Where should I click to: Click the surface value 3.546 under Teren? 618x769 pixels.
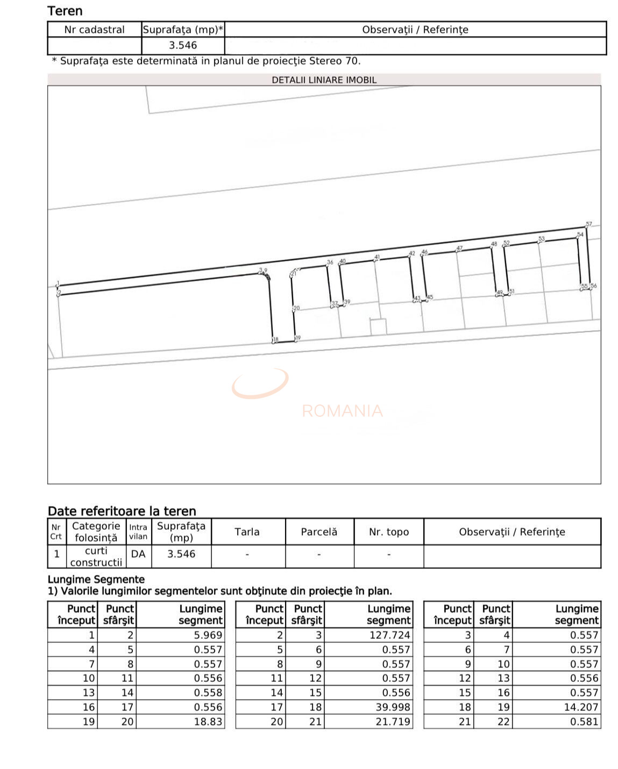click(x=182, y=46)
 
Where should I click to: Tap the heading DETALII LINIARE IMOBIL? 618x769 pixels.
click(x=324, y=80)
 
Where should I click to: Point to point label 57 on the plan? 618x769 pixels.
click(x=589, y=224)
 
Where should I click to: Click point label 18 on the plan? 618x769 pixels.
click(x=276, y=339)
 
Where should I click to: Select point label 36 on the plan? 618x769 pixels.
click(x=330, y=262)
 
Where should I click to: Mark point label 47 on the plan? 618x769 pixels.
click(x=459, y=248)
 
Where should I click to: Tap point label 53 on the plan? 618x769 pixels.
click(x=542, y=239)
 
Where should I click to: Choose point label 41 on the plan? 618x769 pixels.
click(x=377, y=257)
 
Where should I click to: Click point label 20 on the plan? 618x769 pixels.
click(x=296, y=308)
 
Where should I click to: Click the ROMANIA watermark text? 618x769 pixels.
click(x=342, y=411)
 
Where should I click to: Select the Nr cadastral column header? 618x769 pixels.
click(x=94, y=30)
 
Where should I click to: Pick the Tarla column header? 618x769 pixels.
click(x=247, y=532)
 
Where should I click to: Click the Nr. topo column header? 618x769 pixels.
click(x=388, y=532)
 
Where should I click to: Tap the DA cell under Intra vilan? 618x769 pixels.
click(x=138, y=554)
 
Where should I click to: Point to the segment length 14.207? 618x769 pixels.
click(x=581, y=707)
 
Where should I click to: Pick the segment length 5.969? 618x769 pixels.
click(x=208, y=635)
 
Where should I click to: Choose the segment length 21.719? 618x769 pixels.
click(x=393, y=722)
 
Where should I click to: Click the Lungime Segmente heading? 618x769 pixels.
click(x=96, y=579)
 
